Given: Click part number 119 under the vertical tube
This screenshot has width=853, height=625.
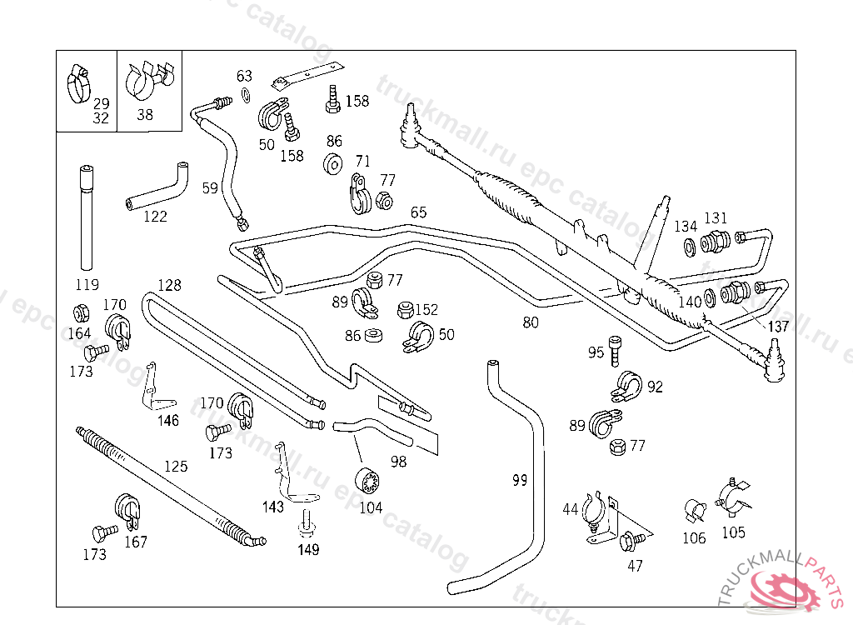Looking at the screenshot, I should [87, 283].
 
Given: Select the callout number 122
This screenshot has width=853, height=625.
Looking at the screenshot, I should [155, 217].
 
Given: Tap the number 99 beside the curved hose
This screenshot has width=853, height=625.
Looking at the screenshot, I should [520, 480].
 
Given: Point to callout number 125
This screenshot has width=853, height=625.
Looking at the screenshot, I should [175, 466].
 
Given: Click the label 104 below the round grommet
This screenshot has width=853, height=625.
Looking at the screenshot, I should [371, 507].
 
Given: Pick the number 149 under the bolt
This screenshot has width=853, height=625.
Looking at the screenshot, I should [308, 549].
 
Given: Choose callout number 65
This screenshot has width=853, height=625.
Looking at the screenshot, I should [418, 212].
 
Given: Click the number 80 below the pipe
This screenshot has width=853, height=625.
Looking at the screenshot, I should [531, 322].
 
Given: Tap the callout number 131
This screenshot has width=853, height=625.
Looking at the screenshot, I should [716, 218].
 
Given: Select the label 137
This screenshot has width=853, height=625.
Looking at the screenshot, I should [778, 326].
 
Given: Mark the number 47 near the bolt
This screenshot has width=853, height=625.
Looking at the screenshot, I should [635, 565].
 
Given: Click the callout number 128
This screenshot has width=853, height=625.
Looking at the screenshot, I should [169, 285].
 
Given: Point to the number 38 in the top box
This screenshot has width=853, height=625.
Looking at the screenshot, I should [145, 115].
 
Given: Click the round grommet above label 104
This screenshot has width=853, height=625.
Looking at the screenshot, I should [367, 482].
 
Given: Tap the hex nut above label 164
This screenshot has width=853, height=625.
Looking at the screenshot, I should [82, 313].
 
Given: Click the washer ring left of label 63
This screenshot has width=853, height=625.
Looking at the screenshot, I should [244, 93].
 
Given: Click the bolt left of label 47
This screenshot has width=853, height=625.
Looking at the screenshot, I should [629, 540].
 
